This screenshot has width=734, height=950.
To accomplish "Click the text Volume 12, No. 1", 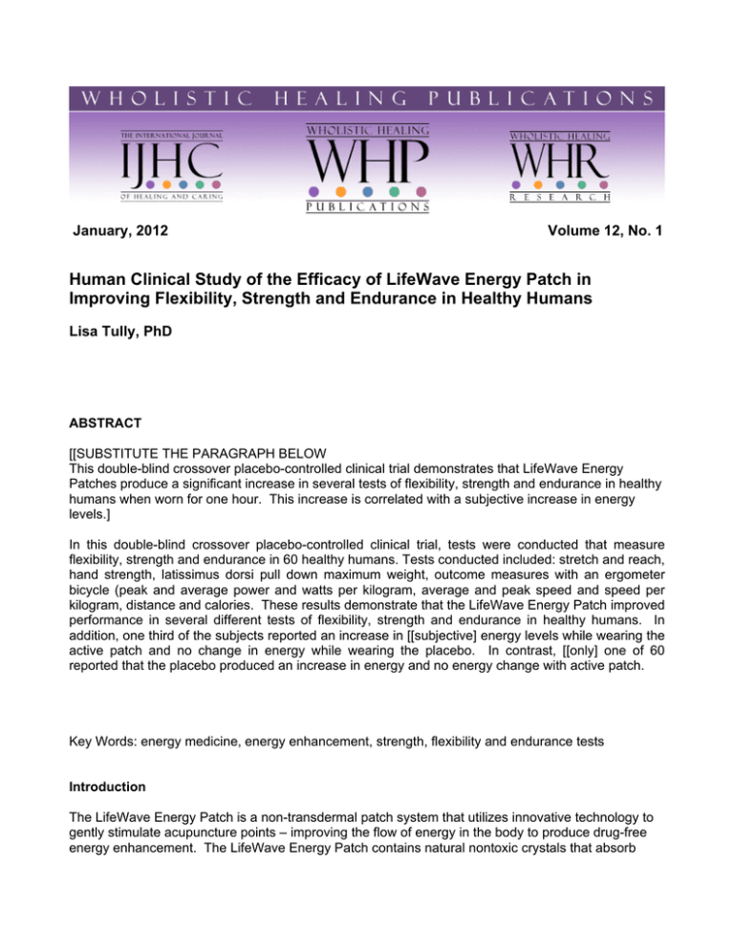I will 594,256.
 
